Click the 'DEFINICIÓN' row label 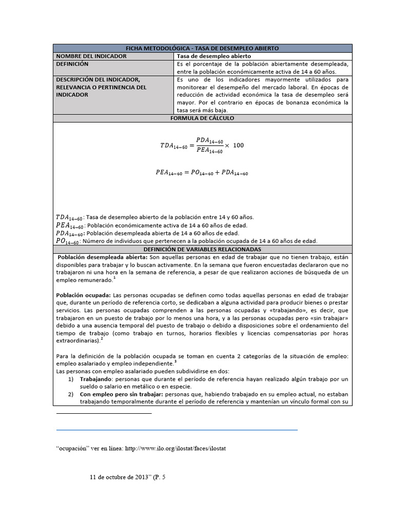(x=72, y=64)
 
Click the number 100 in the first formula (x=239, y=146)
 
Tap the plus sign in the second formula (x=218, y=173)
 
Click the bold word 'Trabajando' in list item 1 (x=95, y=379)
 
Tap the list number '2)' (x=71, y=394)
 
